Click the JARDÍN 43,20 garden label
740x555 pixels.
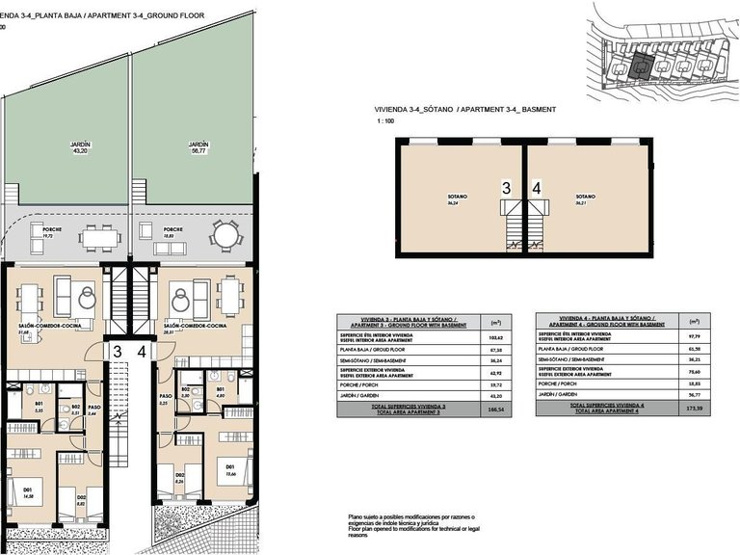[x=80, y=147]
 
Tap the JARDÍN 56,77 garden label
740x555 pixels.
[x=199, y=147]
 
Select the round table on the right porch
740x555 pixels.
[x=224, y=234]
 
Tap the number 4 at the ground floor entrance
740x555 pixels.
[x=143, y=353]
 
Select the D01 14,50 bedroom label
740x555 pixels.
[x=28, y=493]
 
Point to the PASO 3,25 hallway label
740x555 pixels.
[x=165, y=399]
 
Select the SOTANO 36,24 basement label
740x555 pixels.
[x=452, y=200]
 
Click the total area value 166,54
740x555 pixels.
[x=498, y=410]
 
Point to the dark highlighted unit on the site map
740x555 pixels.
[x=637, y=66]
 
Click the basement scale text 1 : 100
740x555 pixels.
[x=385, y=122]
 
